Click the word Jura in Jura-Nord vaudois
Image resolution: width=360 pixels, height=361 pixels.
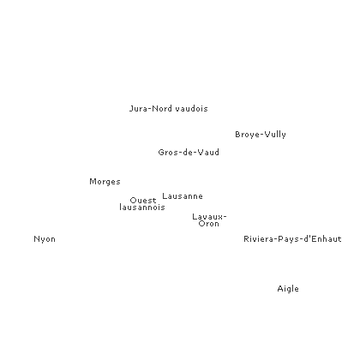point(139,109)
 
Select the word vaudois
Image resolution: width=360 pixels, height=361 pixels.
point(192,109)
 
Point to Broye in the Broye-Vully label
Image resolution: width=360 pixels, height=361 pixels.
point(246,135)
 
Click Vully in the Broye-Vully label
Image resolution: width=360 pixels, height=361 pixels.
point(275,135)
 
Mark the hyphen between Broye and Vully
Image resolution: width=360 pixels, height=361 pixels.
point(261,135)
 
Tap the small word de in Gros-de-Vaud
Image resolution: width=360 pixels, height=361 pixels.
point(188,153)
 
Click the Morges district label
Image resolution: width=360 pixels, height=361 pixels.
point(105,182)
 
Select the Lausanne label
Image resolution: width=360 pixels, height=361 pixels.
point(183,196)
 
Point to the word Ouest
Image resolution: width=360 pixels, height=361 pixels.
point(143,201)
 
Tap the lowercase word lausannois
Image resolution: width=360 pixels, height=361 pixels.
point(142,208)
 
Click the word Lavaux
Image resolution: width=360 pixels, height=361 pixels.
point(207,217)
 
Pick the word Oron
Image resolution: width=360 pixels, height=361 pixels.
point(209,224)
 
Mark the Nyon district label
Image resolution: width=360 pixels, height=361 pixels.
point(45,239)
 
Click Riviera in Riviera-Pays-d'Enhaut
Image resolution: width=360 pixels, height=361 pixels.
point(259,239)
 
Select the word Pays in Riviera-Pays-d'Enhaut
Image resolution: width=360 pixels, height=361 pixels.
point(288,239)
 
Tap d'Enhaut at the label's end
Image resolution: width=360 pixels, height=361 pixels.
point(322,239)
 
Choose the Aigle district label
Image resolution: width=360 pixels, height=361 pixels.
point(288,289)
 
